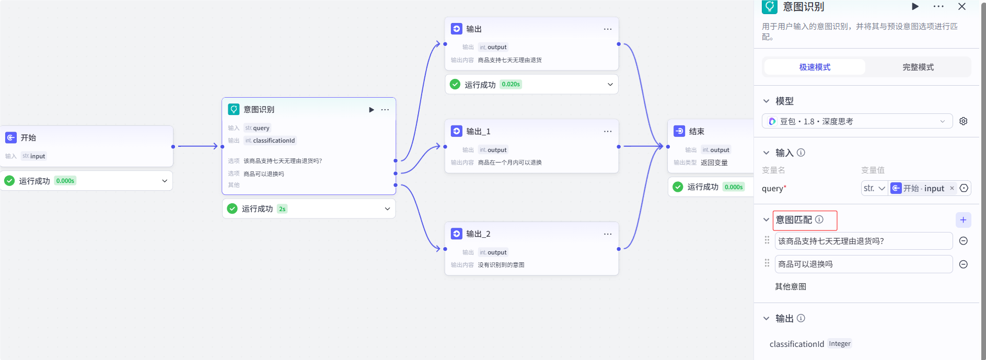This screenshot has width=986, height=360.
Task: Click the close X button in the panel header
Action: tap(962, 7)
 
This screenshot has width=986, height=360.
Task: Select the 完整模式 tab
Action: tap(918, 67)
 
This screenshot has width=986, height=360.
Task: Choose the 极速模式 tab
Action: tap(815, 67)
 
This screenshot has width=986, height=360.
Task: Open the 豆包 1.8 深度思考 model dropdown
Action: tap(857, 121)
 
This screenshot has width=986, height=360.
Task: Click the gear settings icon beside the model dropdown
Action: tap(964, 121)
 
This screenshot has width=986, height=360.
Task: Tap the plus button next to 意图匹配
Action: tap(963, 220)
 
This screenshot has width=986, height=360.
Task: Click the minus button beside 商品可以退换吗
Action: tap(964, 264)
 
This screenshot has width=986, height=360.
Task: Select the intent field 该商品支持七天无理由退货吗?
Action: tap(863, 241)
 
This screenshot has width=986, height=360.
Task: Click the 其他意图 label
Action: tap(791, 286)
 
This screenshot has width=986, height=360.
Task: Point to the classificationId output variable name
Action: tap(796, 344)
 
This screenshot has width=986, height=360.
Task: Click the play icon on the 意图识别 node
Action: tap(372, 110)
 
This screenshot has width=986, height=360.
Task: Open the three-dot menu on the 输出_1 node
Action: tap(608, 131)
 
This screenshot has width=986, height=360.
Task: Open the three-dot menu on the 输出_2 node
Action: tap(608, 234)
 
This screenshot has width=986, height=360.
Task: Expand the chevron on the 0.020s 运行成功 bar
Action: tap(610, 85)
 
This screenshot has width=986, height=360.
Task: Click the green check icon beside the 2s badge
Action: tap(233, 208)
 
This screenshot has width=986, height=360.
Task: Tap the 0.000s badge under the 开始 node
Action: tap(65, 181)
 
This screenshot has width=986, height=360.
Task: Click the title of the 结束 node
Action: tap(697, 131)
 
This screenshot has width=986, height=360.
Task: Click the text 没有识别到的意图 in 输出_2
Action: tap(501, 265)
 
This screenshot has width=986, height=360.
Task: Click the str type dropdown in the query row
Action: tap(874, 188)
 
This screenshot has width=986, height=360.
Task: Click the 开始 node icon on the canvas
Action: tap(10, 137)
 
